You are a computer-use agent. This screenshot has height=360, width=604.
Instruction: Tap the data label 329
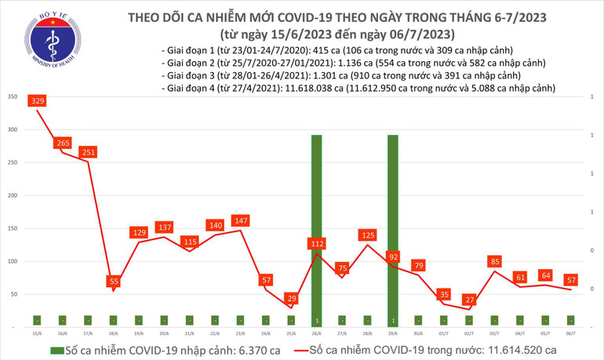pyautogui.click(x=38, y=101)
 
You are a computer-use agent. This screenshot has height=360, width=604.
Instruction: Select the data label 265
pyautogui.click(x=63, y=144)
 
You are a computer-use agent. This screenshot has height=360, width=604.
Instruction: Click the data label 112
pyautogui.click(x=316, y=245)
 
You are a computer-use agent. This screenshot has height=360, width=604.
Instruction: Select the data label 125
pyautogui.click(x=367, y=235)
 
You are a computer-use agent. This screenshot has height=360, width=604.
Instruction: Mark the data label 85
pyautogui.click(x=494, y=261)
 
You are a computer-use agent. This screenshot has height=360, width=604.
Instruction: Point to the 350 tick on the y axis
pyautogui.click(x=13, y=96)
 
